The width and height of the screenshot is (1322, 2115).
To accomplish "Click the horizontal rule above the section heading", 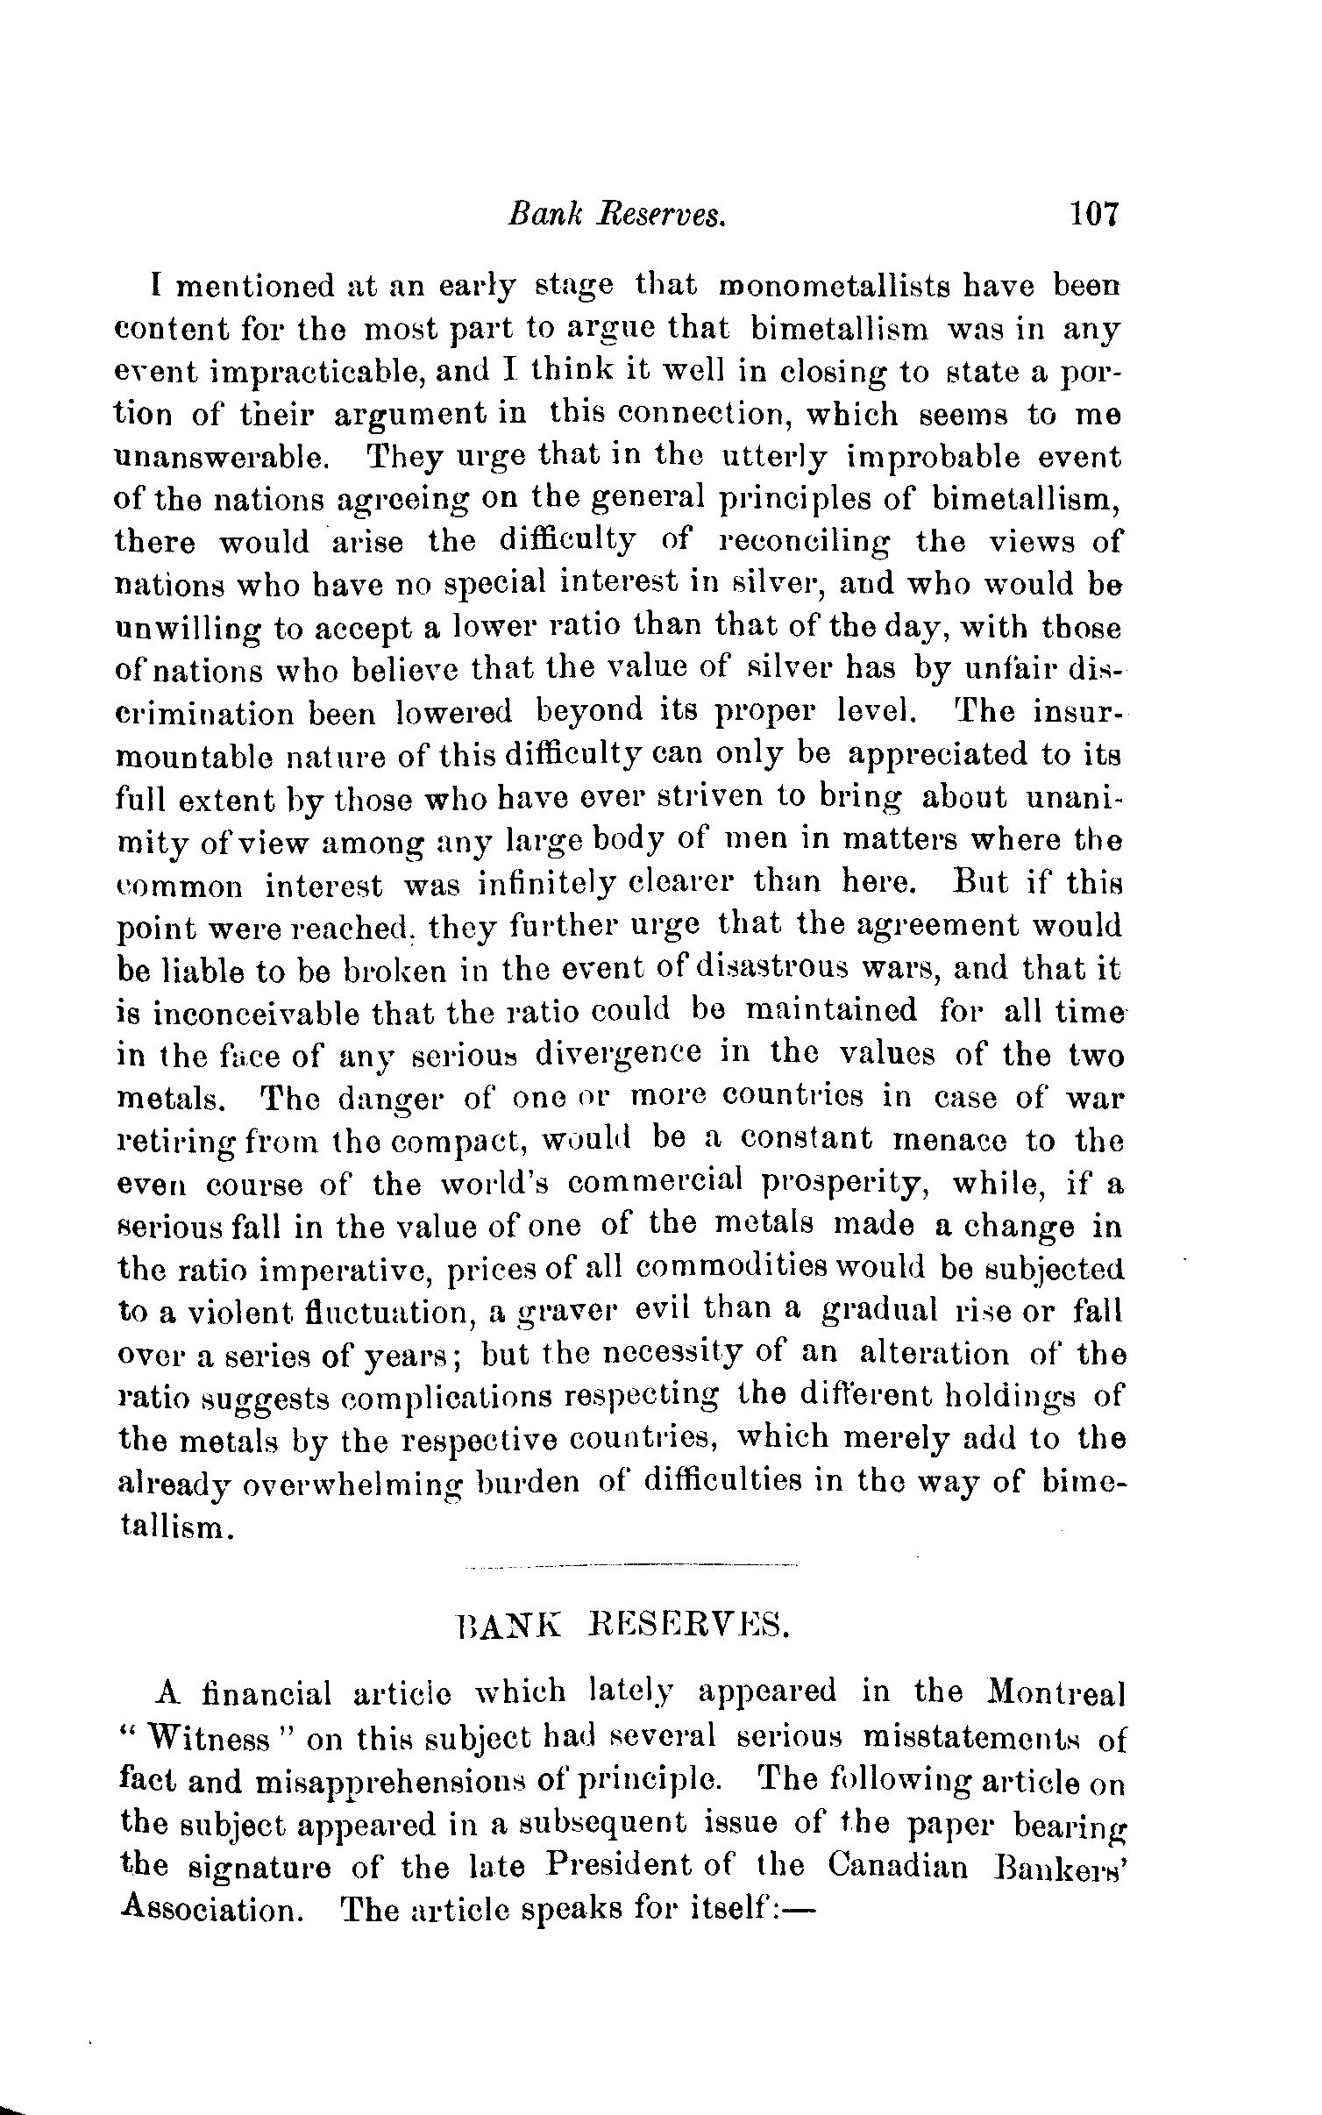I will tap(631, 1565).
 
